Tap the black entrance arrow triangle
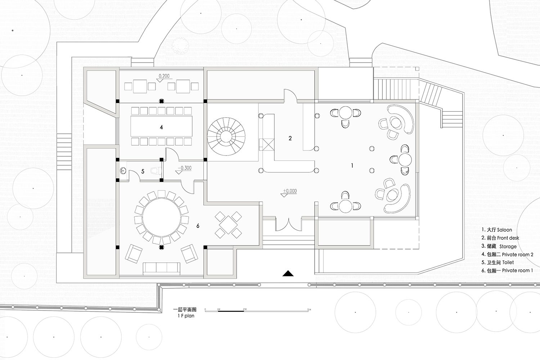coord(288,274)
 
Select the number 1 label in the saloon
coord(352,166)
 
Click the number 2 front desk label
coord(290,138)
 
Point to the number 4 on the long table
coord(161,127)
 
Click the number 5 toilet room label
coord(143,171)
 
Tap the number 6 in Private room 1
coord(198,226)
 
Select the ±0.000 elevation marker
coord(290,191)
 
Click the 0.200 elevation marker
coord(164,76)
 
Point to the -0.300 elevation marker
coord(185,168)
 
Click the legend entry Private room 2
coord(508,255)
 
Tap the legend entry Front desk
coord(500,238)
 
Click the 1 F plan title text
coord(186,316)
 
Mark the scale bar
coord(257,310)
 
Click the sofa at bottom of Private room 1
coord(162,268)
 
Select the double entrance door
coord(289,225)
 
